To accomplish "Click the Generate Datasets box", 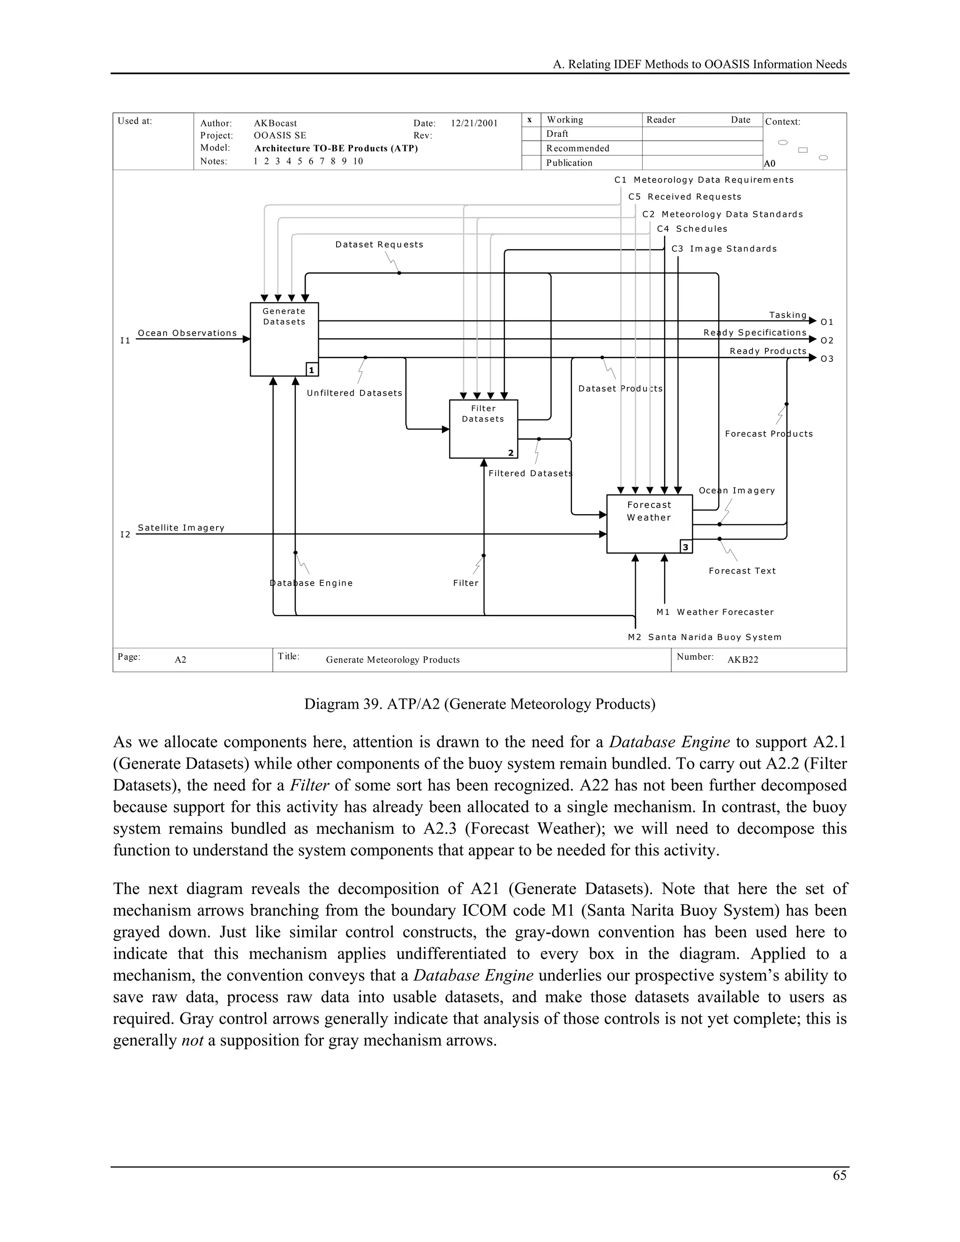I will pos(284,339).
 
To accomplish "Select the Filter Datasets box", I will pos(483,429).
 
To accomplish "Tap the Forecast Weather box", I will pos(649,523).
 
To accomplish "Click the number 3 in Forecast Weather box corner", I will pos(685,547).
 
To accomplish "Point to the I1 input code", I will pos(125,341).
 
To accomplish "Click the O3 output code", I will pos(827,359).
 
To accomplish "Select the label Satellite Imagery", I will pos(181,528).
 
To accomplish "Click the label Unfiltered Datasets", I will pos(354,393).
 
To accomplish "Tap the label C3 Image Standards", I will pos(723,248).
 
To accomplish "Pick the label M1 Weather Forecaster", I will pos(714,612).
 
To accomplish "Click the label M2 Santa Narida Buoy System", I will pos(704,637).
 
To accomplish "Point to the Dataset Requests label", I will pos(379,245).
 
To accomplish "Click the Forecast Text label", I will pos(742,571).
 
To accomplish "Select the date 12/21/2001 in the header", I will pos(474,123).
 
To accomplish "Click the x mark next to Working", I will pos(530,120).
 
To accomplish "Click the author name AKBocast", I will pos(275,123).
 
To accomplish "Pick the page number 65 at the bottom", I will pos(839,1175).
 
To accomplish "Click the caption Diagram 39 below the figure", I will pos(480,704).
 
